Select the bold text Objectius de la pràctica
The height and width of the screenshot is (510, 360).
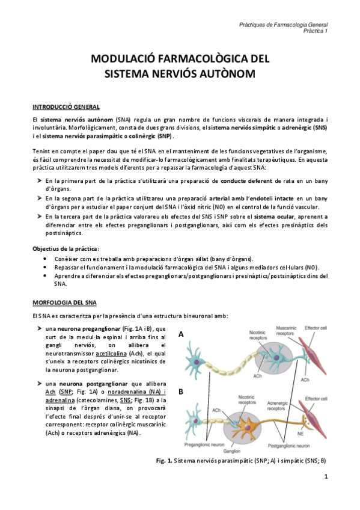coord(66,248)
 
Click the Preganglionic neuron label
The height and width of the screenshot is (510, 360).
coord(201,444)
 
